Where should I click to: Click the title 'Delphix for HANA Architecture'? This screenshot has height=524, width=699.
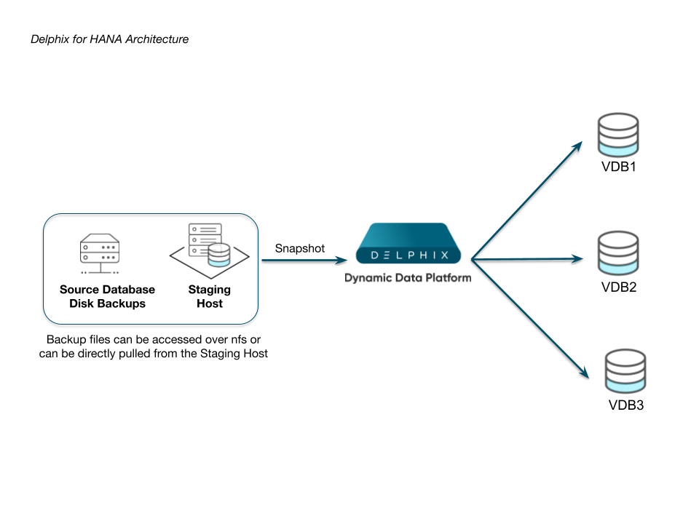[109, 39]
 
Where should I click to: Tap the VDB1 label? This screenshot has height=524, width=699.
[618, 168]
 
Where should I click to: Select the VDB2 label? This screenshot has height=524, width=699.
[619, 287]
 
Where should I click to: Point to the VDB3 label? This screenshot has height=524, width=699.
[625, 405]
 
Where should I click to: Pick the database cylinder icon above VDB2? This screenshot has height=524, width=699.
[617, 253]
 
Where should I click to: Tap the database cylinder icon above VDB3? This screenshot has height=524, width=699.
[625, 371]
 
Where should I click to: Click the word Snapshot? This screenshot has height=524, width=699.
[300, 248]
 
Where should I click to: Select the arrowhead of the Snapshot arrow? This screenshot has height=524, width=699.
[342, 258]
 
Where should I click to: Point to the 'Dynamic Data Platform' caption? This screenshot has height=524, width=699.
[408, 277]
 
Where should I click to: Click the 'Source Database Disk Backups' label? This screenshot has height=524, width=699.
[107, 297]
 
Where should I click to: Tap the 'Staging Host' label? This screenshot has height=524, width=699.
[210, 297]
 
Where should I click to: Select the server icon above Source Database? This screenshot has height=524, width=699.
[100, 253]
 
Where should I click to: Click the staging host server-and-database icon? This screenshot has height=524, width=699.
[210, 248]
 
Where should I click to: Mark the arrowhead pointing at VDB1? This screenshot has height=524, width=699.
[579, 145]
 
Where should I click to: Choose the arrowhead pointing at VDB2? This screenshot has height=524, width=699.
[580, 258]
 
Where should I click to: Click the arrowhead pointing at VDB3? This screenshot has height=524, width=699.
[585, 373]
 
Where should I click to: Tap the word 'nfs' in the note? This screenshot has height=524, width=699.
[234, 340]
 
